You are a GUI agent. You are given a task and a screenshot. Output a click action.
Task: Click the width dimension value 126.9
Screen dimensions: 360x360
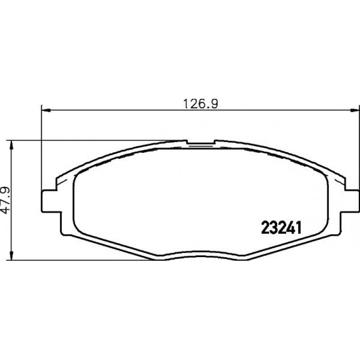(201, 104)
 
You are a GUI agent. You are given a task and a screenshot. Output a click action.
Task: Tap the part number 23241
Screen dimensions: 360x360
(281, 228)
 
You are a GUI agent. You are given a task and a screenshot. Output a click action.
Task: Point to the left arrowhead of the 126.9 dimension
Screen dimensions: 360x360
(47, 110)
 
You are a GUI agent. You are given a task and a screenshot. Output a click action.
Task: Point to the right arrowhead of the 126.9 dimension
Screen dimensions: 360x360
(354, 110)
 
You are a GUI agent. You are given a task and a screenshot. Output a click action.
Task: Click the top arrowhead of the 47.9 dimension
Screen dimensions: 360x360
(12, 145)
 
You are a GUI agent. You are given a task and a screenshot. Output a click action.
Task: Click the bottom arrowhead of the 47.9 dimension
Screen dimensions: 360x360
(12, 255)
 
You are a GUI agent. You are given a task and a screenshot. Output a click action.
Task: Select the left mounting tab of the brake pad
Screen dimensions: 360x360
(51, 201)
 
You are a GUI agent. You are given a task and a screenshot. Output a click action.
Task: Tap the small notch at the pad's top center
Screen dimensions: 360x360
(200, 142)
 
